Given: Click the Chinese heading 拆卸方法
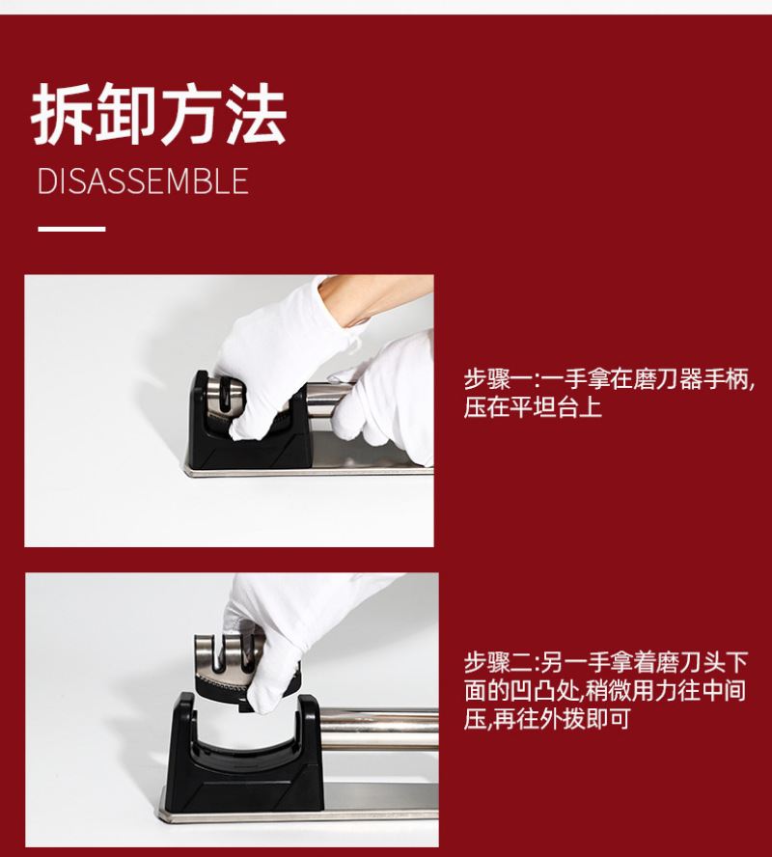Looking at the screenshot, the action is [158, 114].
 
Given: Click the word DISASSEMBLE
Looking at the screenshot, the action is [143, 181].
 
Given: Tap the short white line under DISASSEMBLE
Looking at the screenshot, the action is [71, 229].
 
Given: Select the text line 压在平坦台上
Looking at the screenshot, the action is [533, 407].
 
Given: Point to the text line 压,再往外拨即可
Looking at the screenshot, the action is [547, 718].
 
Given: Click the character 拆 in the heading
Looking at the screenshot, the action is [63, 114].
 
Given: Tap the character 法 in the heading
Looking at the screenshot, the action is [256, 114].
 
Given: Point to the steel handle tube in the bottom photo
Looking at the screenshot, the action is [379, 729].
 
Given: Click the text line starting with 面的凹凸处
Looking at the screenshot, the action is [605, 690].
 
